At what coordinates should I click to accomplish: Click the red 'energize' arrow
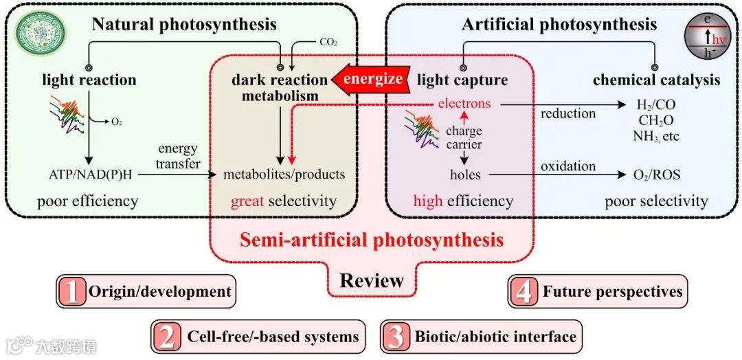[x=370, y=78]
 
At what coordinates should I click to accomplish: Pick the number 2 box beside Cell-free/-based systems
[x=167, y=337]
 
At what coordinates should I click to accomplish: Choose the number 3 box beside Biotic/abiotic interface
[x=396, y=337]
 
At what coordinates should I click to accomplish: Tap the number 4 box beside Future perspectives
[x=524, y=291]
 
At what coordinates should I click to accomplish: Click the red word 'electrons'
[x=464, y=104]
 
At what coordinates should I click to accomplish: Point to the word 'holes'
[x=464, y=175]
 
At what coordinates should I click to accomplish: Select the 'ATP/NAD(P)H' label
[x=90, y=175]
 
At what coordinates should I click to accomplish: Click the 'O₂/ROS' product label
[x=656, y=175]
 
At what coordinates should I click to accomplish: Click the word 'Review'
[x=372, y=280]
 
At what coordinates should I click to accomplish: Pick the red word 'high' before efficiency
[x=428, y=201]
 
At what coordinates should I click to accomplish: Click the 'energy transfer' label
[x=177, y=156]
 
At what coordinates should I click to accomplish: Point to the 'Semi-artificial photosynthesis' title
[x=371, y=240]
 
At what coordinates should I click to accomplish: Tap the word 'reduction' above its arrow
[x=568, y=113]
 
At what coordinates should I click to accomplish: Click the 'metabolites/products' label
[x=284, y=175]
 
